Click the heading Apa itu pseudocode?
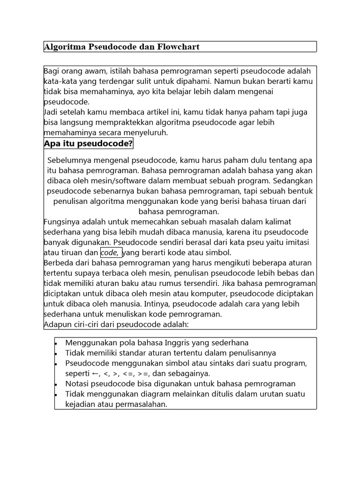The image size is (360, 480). tap(88, 143)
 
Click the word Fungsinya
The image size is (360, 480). tap(61, 222)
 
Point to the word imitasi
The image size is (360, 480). tap(298, 242)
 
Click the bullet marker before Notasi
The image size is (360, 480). tap(56, 384)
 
